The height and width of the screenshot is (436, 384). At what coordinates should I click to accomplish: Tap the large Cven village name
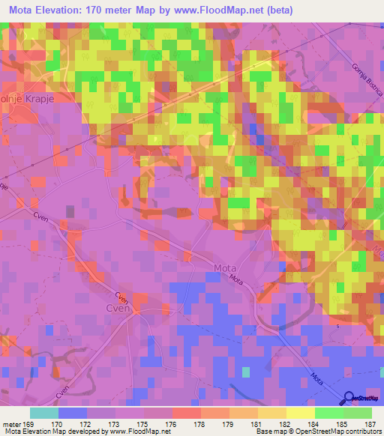[x=118, y=306]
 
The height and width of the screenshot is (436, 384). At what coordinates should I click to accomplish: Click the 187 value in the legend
[x=370, y=423]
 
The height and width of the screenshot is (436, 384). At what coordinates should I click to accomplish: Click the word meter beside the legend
[x=12, y=423]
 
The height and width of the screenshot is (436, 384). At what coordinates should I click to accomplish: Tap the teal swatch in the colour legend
[x=44, y=413]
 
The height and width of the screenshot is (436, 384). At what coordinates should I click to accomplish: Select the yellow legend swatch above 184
[x=300, y=413]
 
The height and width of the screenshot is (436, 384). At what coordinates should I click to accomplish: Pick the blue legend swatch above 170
[x=73, y=413]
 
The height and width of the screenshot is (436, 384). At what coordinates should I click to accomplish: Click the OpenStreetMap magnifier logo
[x=350, y=398]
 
